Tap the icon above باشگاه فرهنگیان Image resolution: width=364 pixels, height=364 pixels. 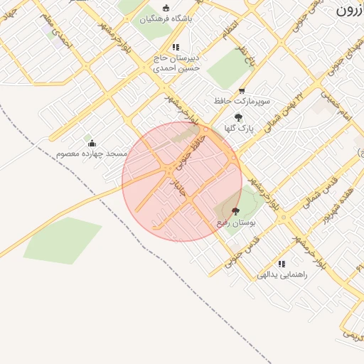coord(166,8)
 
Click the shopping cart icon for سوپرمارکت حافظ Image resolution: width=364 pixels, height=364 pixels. coord(242,90)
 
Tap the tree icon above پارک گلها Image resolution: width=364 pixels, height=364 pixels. coord(238,117)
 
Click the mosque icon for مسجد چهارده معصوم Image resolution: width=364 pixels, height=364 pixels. coord(92,144)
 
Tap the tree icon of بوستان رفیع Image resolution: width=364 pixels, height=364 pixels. coord(236,211)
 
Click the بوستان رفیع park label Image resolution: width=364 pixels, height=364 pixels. coord(236,223)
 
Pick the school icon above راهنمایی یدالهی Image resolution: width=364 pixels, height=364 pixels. coord(282,263)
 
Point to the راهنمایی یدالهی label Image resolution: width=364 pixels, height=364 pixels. coord(283,274)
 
